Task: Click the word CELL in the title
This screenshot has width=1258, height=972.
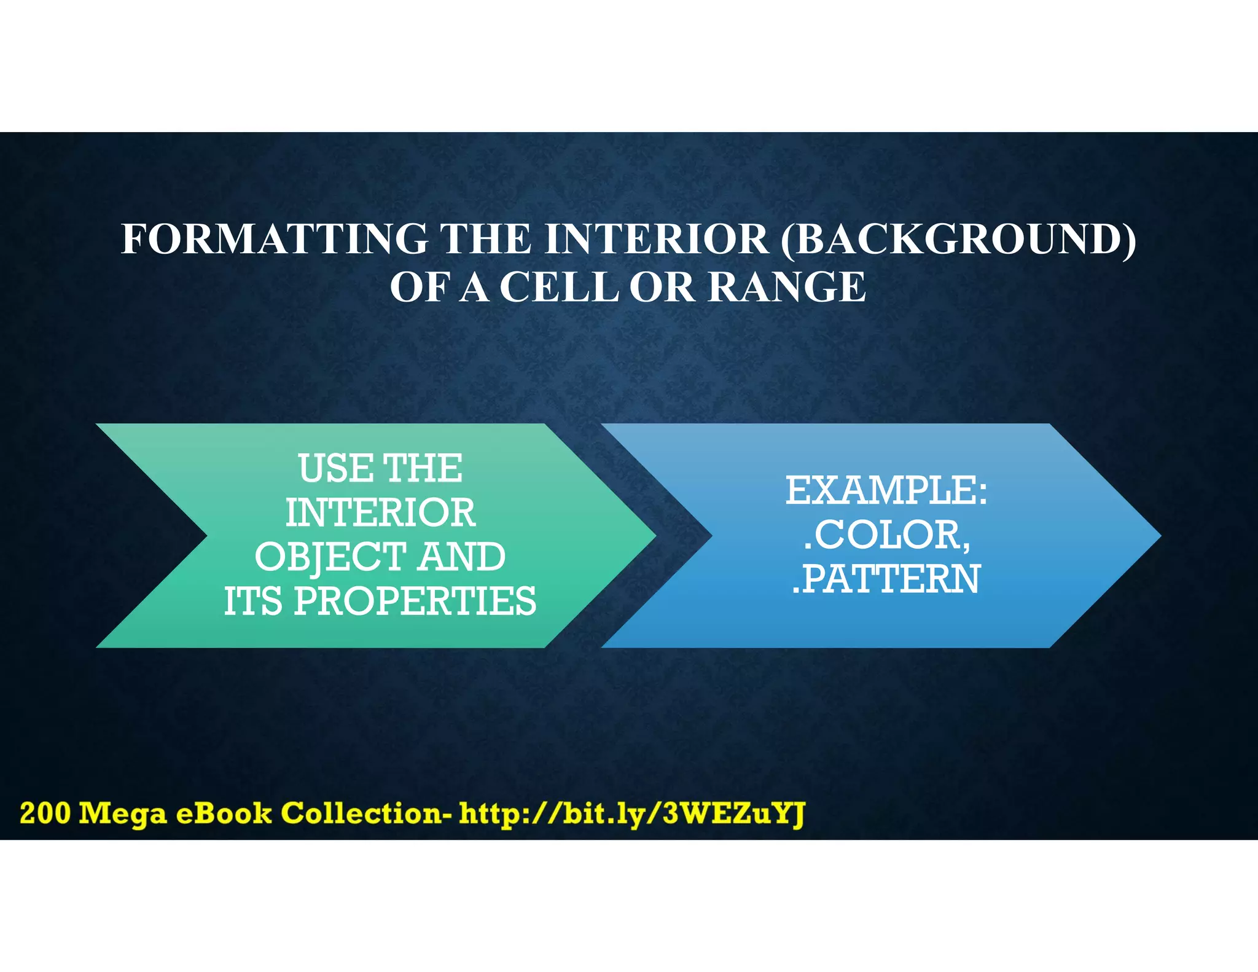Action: [558, 287]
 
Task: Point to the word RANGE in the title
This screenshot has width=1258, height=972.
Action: [787, 287]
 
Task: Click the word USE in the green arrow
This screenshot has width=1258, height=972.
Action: [335, 468]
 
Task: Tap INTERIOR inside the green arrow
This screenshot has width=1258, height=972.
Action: [380, 512]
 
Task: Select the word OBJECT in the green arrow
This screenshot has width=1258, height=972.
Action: [330, 557]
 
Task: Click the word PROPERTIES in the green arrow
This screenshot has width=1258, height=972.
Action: [415, 601]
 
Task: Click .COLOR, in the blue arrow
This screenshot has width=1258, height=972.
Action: [886, 535]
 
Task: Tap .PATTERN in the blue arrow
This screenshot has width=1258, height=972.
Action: [885, 579]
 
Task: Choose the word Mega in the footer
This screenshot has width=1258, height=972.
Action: [123, 814]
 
